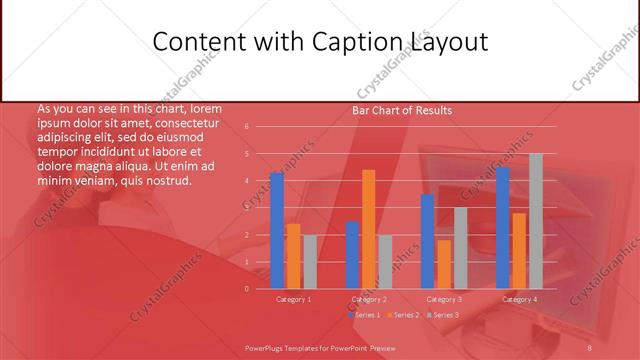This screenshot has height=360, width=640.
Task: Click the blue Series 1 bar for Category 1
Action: [277, 230]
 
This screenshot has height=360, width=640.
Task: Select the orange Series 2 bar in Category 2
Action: [369, 229]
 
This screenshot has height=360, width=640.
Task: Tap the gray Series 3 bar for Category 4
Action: [536, 221]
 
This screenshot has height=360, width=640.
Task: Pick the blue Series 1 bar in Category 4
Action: [503, 227]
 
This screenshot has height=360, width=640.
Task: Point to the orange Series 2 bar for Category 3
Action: [444, 264]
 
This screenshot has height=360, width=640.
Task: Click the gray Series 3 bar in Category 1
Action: [310, 261]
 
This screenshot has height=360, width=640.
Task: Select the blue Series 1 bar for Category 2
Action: [352, 254]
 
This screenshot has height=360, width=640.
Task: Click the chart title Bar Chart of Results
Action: [402, 110]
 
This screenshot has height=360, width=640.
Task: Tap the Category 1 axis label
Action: [293, 299]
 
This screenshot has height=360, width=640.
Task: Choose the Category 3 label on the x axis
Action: [444, 299]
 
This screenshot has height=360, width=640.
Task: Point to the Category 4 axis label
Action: [519, 299]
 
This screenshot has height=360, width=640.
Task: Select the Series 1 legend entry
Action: [363, 315]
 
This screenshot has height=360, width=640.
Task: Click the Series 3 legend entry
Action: [443, 315]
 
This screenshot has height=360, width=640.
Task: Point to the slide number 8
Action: [589, 347]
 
